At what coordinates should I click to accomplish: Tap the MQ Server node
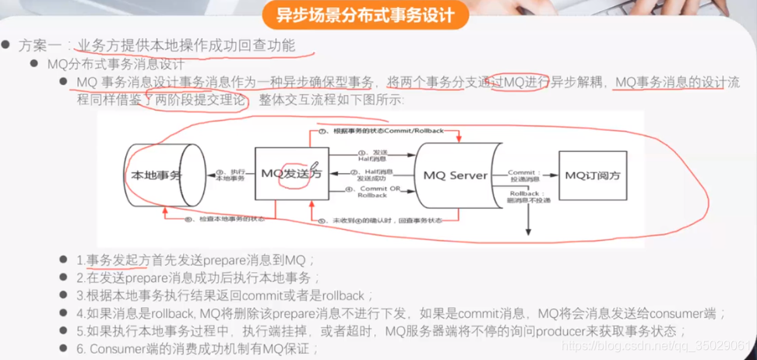pyautogui.click(x=456, y=175)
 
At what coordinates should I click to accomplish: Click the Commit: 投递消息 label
pyautogui.click(x=523, y=174)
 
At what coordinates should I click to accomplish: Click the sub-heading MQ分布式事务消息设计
pyautogui.click(x=117, y=64)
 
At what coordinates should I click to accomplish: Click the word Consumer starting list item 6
pyautogui.click(x=115, y=349)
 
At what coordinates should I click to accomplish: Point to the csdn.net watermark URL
pyautogui.click(x=658, y=344)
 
